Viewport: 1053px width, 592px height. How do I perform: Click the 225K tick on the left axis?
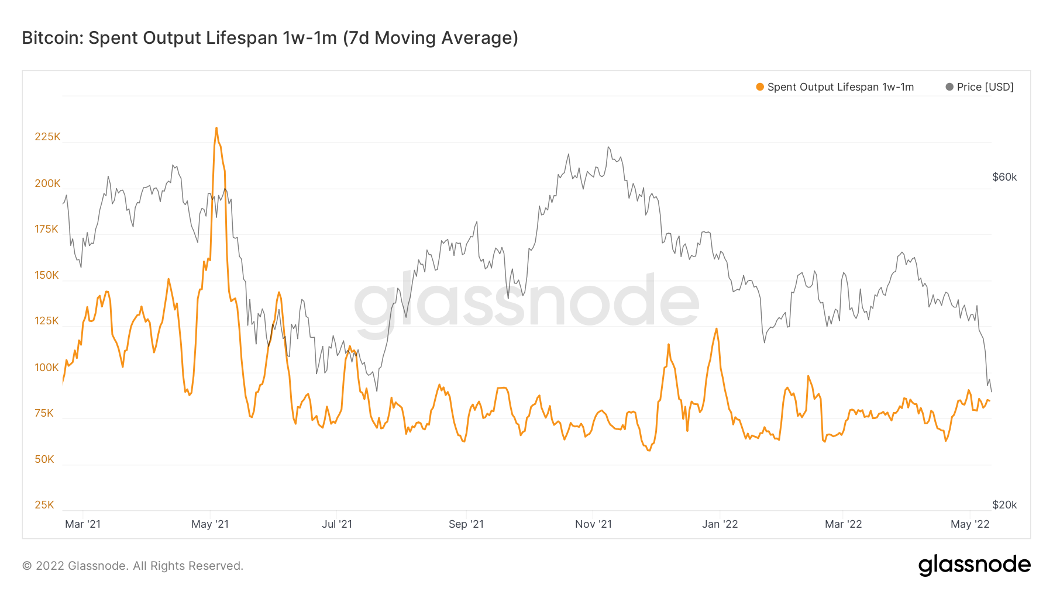(x=47, y=137)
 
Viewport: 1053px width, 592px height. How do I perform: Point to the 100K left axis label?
(x=47, y=368)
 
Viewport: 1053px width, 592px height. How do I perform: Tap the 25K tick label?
(x=44, y=505)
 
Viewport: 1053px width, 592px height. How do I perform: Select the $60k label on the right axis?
(x=1004, y=177)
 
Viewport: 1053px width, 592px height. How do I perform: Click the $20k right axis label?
(x=1004, y=505)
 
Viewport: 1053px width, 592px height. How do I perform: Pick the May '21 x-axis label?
(x=210, y=524)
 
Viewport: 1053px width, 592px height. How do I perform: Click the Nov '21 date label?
(x=593, y=524)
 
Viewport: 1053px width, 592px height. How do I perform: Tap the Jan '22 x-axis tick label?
(x=720, y=524)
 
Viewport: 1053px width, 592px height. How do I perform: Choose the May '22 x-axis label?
(x=969, y=524)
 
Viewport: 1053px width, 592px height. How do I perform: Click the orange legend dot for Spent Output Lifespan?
(x=760, y=87)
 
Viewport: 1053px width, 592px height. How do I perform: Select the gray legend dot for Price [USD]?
(x=949, y=87)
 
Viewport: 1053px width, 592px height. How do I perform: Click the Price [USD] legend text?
(x=985, y=87)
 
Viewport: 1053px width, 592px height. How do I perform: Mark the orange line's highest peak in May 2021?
(x=216, y=128)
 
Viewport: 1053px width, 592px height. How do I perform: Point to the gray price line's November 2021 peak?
(x=608, y=147)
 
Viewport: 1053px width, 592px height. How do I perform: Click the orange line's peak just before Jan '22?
(x=716, y=329)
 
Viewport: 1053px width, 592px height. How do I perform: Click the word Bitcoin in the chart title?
(x=51, y=38)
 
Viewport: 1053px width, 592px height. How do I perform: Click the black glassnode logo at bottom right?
(x=974, y=565)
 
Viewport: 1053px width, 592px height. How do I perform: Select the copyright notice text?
(x=133, y=566)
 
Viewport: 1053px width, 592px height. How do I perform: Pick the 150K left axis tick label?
(x=47, y=275)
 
